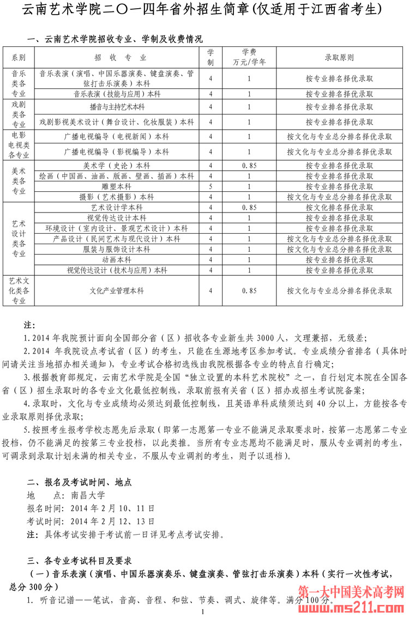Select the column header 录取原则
(x=339, y=57)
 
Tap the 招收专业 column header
(x=117, y=57)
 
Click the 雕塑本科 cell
(x=117, y=186)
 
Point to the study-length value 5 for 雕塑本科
(x=210, y=186)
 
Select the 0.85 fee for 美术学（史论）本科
(x=249, y=166)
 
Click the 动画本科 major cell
(x=117, y=259)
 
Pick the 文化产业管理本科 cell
(x=117, y=291)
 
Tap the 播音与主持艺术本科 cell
(x=117, y=107)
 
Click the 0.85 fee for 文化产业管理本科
(x=249, y=291)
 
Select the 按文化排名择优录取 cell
(x=339, y=208)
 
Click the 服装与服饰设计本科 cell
(x=117, y=249)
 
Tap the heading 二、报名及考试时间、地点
(x=79, y=482)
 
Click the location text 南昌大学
(x=88, y=495)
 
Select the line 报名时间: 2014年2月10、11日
(x=91, y=508)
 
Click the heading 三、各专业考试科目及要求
(x=79, y=560)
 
